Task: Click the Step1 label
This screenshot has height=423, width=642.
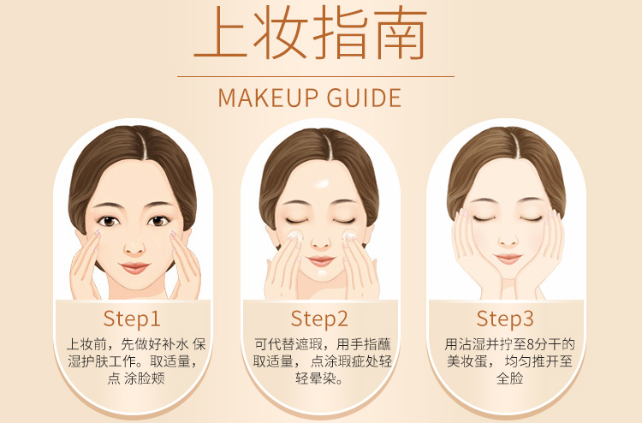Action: (132, 319)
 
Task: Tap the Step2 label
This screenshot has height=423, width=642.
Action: (319, 319)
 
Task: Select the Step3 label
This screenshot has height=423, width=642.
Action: (505, 319)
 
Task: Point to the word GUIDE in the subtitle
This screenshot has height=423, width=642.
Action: (364, 98)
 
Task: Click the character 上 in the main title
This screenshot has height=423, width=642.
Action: (221, 33)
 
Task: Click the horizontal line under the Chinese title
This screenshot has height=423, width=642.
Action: (316, 76)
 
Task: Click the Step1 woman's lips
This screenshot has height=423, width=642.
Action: (134, 268)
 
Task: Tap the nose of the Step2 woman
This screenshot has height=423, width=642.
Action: (321, 242)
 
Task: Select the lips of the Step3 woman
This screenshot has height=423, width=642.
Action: (508, 259)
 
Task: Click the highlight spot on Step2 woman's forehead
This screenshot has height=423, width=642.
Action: (322, 183)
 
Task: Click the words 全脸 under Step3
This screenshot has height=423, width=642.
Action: (510, 378)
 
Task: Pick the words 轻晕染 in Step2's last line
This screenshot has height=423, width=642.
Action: (315, 378)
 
